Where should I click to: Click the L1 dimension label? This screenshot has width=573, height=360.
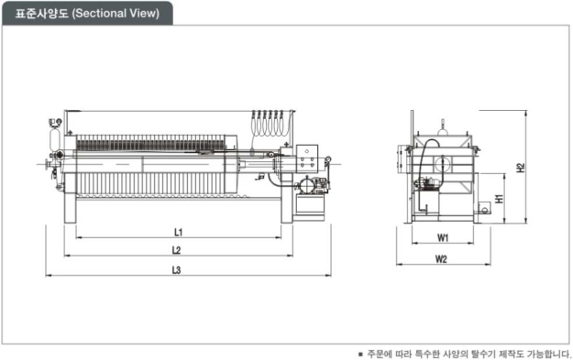pos(179,232)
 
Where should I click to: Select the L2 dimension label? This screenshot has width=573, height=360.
pos(177,250)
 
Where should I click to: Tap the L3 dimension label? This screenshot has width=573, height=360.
pos(177,270)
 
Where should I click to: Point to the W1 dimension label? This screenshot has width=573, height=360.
pos(443,238)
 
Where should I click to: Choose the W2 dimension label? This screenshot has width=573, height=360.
pos(442,259)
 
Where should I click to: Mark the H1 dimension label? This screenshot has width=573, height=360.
pos(499,199)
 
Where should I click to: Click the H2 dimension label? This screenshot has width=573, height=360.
pos(521,168)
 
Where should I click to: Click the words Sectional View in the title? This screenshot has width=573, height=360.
pos(116,13)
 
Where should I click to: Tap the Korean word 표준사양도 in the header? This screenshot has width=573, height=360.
pos(41,13)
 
